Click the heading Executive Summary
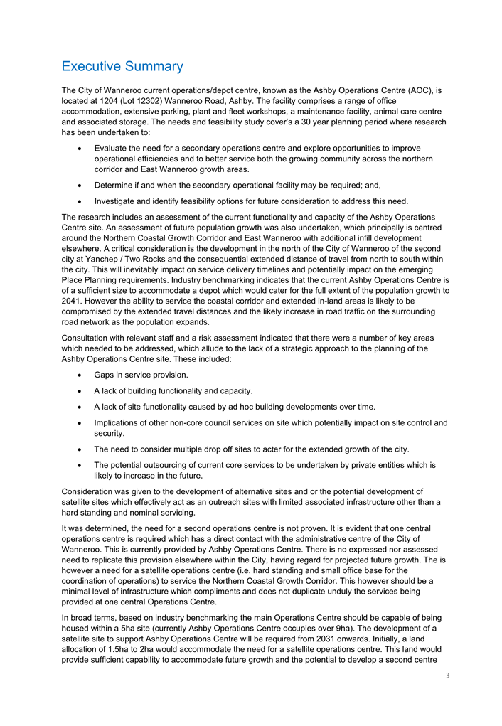[x=122, y=66]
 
